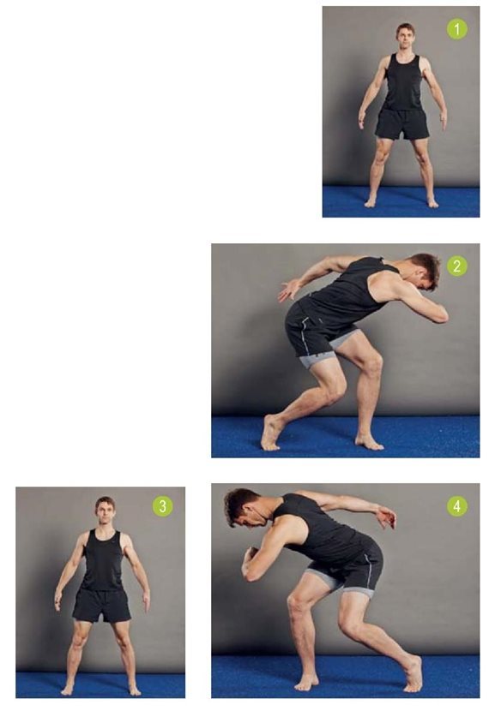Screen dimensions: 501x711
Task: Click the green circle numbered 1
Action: [457, 29]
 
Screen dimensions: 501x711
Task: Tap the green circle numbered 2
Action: [457, 266]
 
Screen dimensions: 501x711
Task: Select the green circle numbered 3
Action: [163, 506]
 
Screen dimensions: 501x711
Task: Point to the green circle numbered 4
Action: [457, 506]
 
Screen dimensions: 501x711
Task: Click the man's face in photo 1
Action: [403, 39]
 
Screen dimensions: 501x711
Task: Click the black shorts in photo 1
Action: [402, 123]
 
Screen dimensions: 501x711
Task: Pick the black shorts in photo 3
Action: [102, 606]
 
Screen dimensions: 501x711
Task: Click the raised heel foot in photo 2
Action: [272, 433]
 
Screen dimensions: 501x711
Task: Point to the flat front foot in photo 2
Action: [369, 441]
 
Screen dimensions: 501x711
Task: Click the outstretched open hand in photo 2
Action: [289, 290]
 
